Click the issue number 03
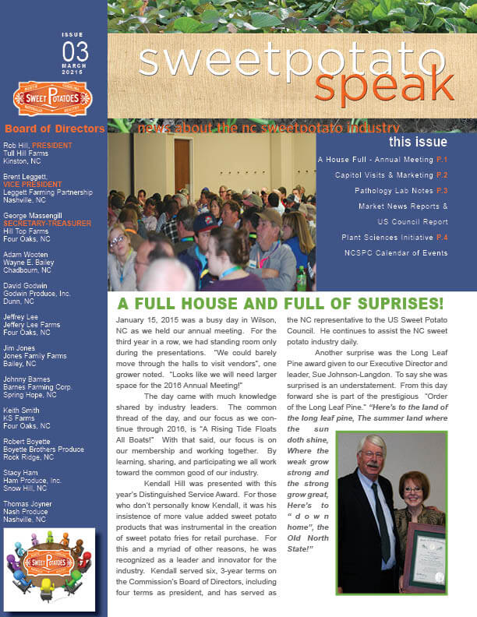(x=75, y=53)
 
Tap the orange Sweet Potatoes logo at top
(x=53, y=98)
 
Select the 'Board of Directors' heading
(x=55, y=129)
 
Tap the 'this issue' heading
(x=418, y=143)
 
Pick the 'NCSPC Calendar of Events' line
(x=395, y=253)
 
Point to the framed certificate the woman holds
(x=426, y=556)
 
